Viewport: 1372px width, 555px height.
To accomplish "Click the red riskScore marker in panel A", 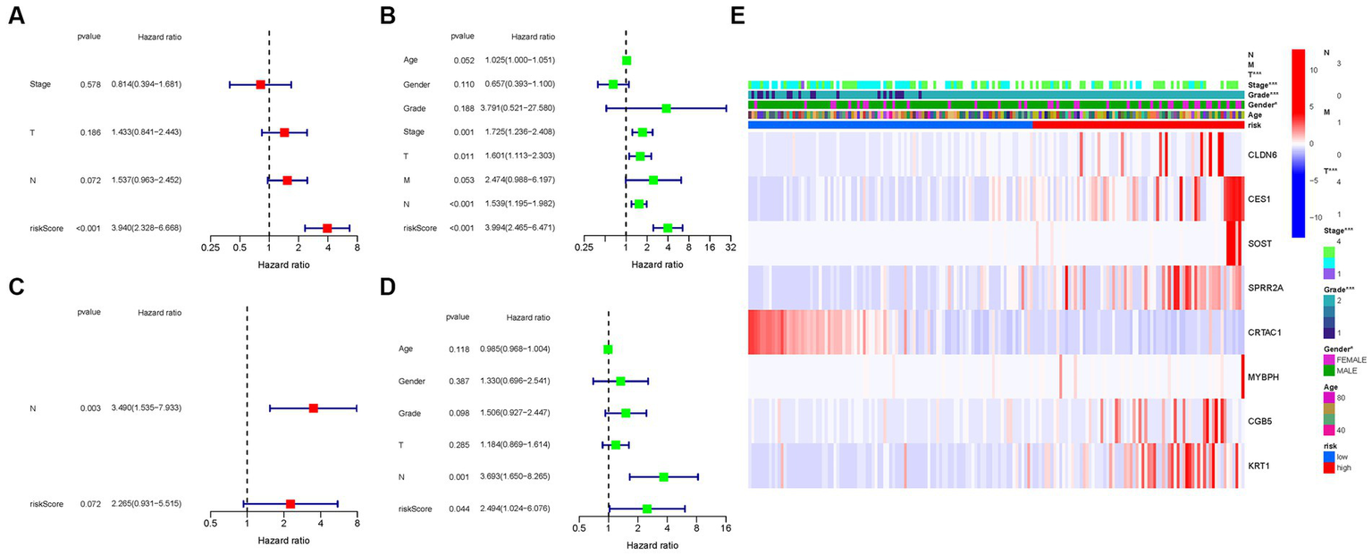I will pos(327,228).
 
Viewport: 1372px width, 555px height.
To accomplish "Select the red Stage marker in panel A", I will pos(260,84).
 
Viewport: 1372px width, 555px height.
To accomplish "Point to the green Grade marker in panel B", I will pos(666,108).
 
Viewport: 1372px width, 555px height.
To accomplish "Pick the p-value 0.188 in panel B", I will pos(462,108).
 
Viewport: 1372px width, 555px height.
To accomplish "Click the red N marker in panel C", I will pos(313,408).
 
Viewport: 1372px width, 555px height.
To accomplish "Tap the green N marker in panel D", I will pos(663,477).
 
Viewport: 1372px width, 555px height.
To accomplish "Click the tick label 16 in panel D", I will pos(726,527).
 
